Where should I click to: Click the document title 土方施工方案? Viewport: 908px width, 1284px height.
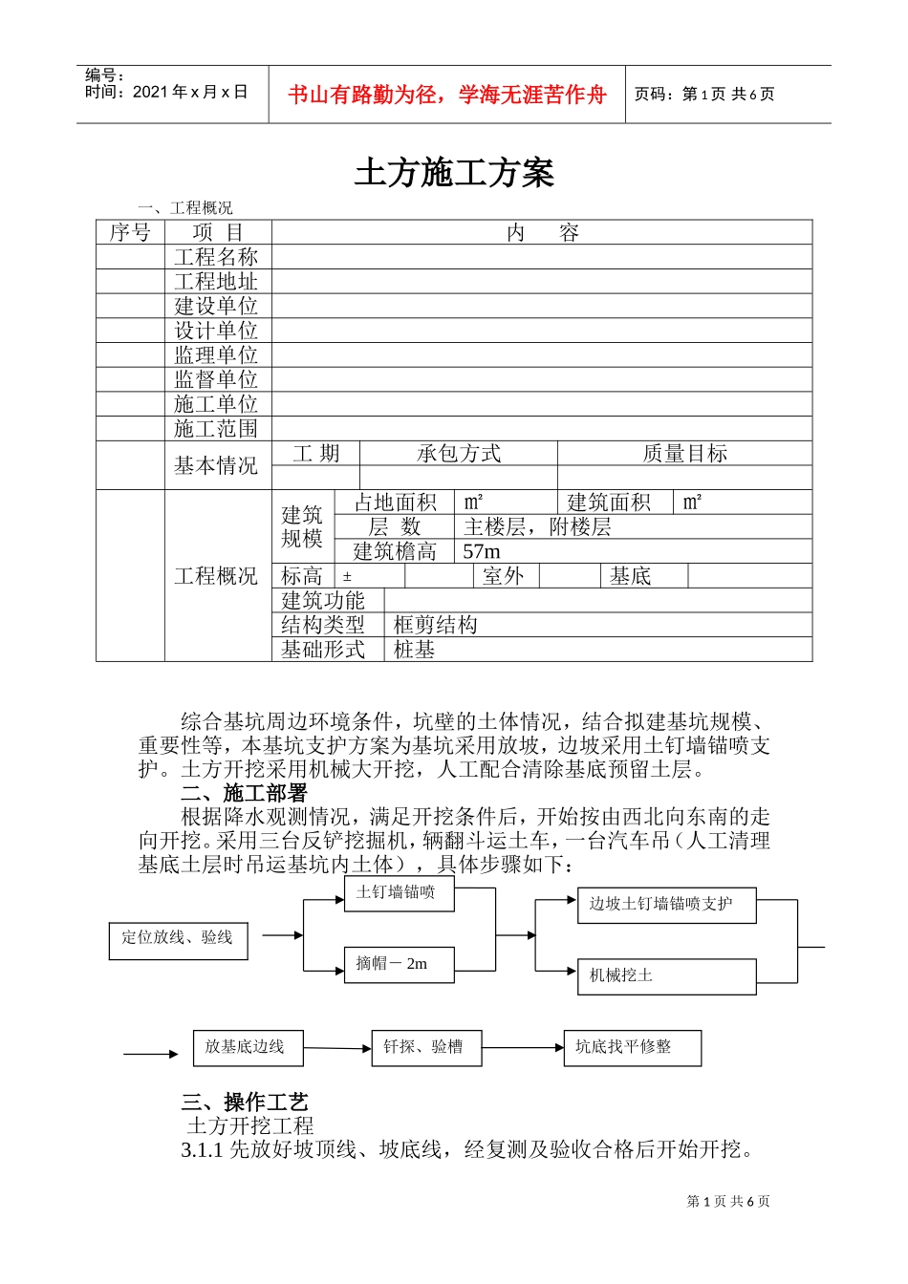(x=454, y=174)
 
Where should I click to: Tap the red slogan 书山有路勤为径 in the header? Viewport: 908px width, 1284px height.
(x=447, y=95)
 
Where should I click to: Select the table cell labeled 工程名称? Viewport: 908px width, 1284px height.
(x=216, y=257)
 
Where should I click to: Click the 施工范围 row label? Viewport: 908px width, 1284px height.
(x=216, y=429)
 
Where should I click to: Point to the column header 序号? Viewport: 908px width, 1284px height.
(x=130, y=233)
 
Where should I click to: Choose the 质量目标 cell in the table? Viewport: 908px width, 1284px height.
(x=684, y=454)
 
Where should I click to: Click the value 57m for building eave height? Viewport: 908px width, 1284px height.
(x=482, y=552)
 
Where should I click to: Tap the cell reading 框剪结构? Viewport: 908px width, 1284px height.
(x=435, y=626)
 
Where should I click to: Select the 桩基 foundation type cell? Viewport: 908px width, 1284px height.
(x=414, y=651)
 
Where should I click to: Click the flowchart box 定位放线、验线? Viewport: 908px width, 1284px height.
(x=178, y=939)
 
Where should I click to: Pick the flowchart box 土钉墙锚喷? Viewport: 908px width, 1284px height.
(x=397, y=892)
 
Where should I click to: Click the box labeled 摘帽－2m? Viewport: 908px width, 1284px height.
(x=397, y=964)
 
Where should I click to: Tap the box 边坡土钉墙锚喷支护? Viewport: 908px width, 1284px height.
(x=665, y=905)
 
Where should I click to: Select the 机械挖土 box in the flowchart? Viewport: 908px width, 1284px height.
(x=665, y=975)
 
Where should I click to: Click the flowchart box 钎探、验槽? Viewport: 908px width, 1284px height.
(x=425, y=1048)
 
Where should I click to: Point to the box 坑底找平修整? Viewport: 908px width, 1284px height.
(x=632, y=1048)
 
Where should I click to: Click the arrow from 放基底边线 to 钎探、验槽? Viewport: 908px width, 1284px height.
(x=337, y=1049)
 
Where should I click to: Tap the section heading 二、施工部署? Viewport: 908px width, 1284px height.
(x=244, y=794)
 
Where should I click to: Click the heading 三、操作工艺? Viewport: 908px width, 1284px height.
(x=245, y=1102)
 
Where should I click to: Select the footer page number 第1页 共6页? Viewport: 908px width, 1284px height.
(x=728, y=1202)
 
